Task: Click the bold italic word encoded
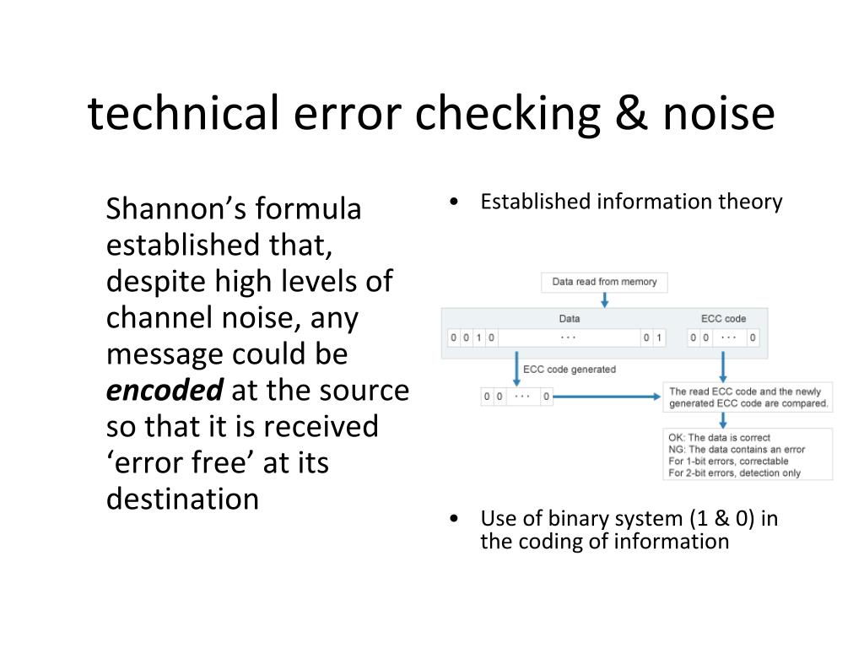pyautogui.click(x=165, y=391)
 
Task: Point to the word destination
pyautogui.click(x=182, y=499)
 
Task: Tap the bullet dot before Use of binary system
pyautogui.click(x=455, y=519)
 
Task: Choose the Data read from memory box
pyautogui.click(x=604, y=282)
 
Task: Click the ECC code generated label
pyautogui.click(x=570, y=370)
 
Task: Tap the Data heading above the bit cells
pyautogui.click(x=570, y=319)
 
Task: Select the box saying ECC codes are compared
pyautogui.click(x=748, y=397)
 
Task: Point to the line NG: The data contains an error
pyautogui.click(x=737, y=450)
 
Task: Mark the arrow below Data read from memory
pyautogui.click(x=604, y=300)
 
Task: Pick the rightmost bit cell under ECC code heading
pyautogui.click(x=753, y=338)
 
